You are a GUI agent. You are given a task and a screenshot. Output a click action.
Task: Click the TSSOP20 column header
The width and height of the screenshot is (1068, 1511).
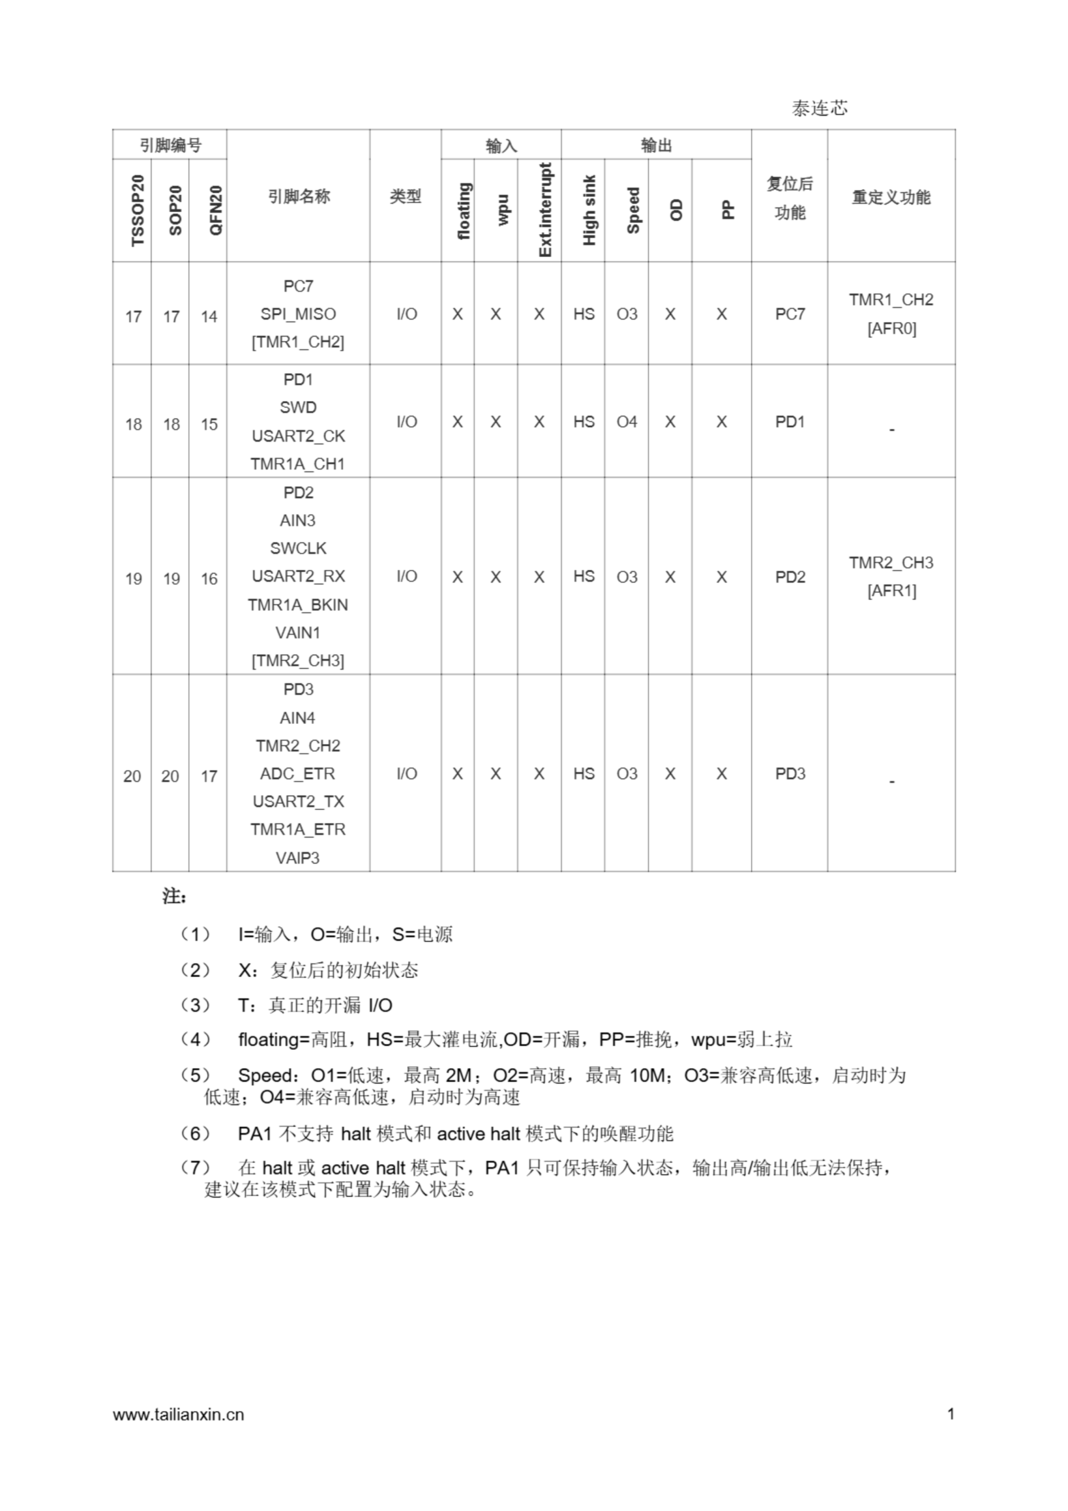coord(137,211)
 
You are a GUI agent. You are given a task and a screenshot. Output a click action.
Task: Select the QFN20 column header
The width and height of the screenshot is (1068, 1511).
coord(215,211)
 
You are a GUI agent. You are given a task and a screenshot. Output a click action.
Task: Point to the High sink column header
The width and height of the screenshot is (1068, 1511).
coord(589,210)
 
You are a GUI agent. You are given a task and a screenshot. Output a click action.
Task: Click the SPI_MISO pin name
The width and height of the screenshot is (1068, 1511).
coord(298,314)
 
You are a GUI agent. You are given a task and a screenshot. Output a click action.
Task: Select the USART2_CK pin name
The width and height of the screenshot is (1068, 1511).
coord(298,436)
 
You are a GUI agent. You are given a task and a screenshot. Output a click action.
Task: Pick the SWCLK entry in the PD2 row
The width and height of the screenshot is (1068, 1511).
coord(298,548)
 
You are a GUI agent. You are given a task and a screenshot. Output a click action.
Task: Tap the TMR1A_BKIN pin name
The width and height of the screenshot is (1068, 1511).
coord(298,605)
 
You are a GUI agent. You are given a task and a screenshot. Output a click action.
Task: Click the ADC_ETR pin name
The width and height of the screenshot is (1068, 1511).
coord(298,773)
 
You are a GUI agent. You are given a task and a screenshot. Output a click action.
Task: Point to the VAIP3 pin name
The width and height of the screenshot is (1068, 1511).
coord(298,858)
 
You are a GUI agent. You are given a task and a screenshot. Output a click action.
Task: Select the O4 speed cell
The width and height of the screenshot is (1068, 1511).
coord(627,422)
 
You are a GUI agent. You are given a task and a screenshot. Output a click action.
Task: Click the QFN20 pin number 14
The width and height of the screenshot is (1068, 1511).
coord(209,316)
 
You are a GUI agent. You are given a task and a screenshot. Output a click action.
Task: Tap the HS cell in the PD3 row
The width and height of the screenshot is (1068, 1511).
coord(584,773)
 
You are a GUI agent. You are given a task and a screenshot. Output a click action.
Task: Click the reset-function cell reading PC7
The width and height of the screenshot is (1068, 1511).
coord(789,314)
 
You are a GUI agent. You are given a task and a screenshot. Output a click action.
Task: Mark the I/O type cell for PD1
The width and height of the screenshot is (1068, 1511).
coord(407,422)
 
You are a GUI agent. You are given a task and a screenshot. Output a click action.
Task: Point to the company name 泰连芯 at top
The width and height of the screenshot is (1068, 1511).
coord(819,109)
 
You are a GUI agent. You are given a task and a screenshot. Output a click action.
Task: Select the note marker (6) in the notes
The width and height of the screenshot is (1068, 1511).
coord(195,1133)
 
